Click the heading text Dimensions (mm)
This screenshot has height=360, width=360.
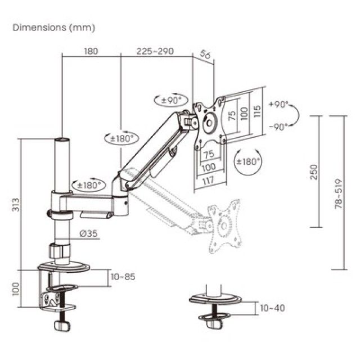coord(54,27)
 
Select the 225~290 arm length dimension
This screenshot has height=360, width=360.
coord(155,51)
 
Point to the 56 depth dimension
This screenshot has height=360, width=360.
coord(206,56)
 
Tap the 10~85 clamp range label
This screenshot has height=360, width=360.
coord(123,276)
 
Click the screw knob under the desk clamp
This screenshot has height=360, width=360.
coord(61,325)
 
